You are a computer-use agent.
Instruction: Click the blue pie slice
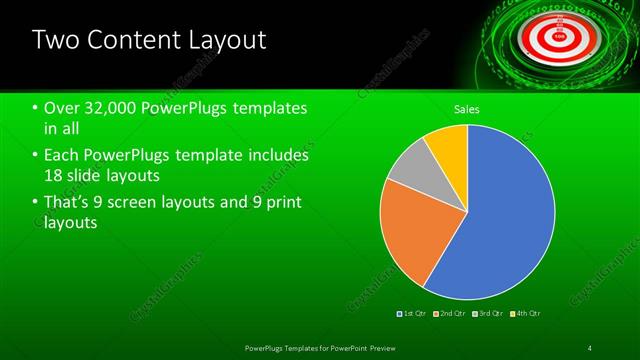point(500,220)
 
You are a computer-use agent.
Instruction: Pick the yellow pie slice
point(447,145)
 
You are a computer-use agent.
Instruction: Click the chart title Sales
point(467,108)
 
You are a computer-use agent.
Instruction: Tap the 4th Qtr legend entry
point(527,314)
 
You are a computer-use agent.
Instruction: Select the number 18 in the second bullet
point(55,175)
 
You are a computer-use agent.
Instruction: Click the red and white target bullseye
point(558,33)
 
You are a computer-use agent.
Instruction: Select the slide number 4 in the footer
point(590,347)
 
